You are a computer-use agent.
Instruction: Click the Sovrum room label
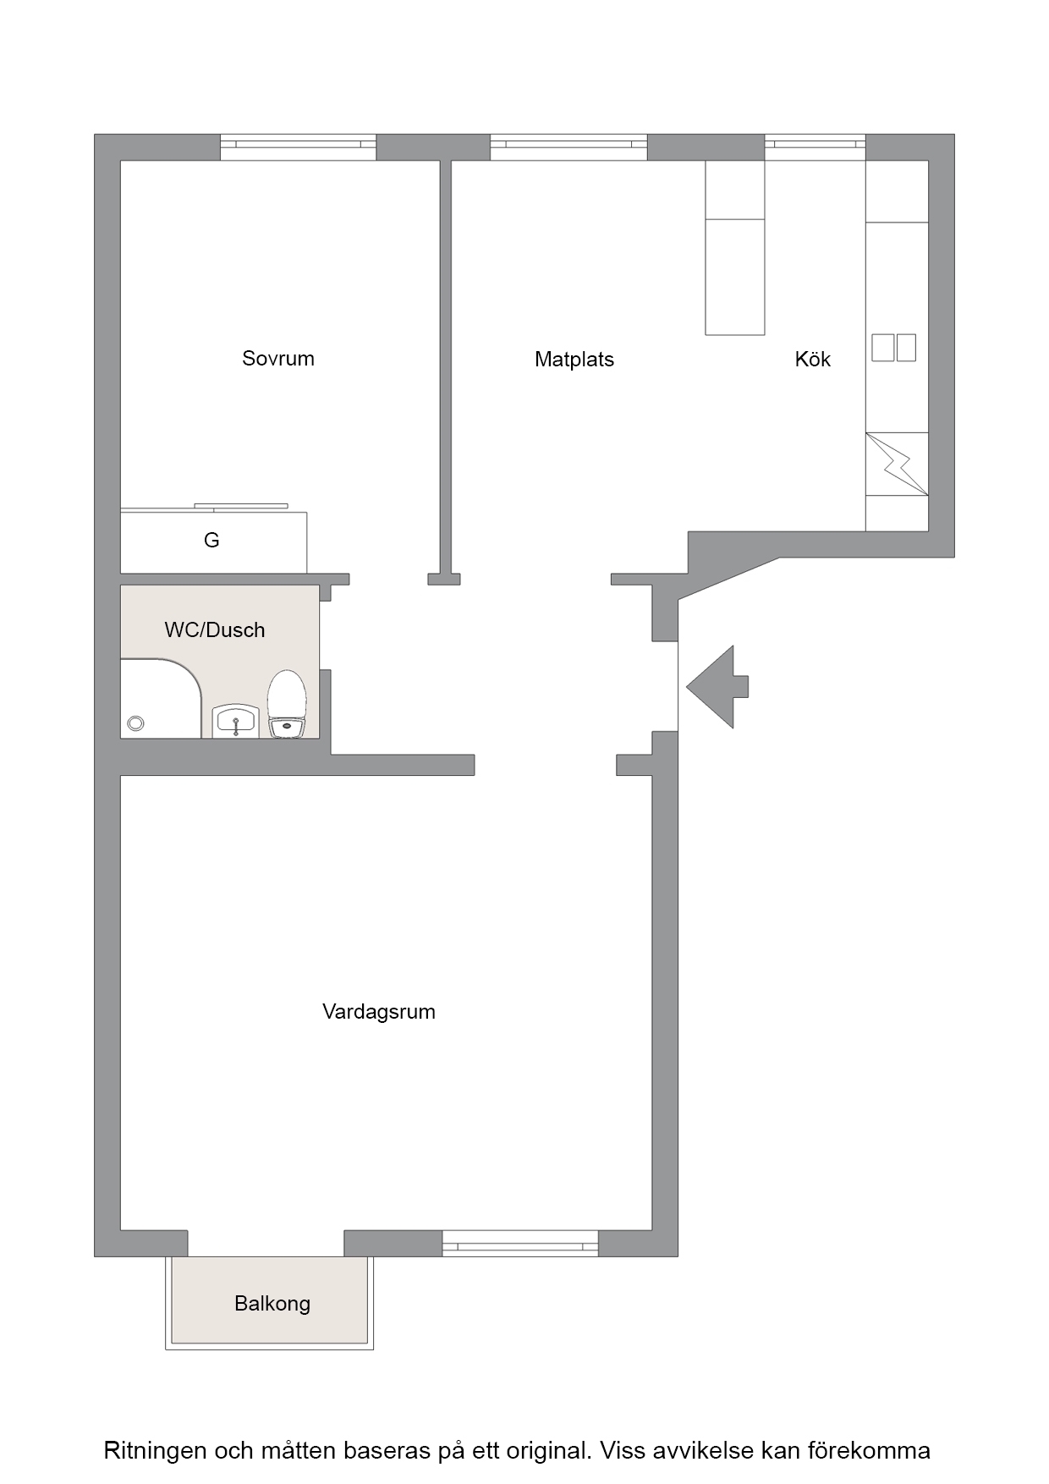click(x=278, y=359)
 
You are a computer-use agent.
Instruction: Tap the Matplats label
click(x=574, y=360)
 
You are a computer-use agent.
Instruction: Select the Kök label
click(x=813, y=360)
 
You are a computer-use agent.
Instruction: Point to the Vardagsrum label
click(x=379, y=1012)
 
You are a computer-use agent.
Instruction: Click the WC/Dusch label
click(x=215, y=630)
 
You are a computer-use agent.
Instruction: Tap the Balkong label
click(x=272, y=1304)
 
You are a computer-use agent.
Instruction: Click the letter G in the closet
click(x=211, y=540)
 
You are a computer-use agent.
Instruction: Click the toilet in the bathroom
click(x=286, y=705)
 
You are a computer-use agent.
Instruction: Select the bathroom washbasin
click(x=235, y=721)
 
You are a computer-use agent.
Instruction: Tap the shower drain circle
click(x=135, y=723)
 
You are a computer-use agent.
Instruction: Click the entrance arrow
click(x=717, y=686)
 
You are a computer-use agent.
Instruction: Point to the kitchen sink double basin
click(x=894, y=348)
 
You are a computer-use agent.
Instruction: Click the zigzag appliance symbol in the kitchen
click(x=897, y=464)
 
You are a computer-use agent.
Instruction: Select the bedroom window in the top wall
click(x=298, y=147)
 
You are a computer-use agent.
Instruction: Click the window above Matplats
click(x=568, y=147)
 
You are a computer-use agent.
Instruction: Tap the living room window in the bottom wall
click(x=520, y=1244)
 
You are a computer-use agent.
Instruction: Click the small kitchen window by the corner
click(x=815, y=147)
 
